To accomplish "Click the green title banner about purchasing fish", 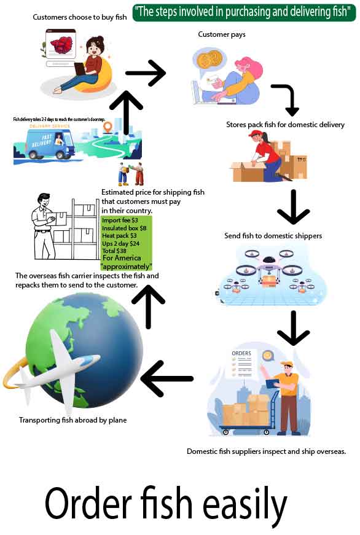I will [244, 12].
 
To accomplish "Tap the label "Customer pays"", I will [221, 34].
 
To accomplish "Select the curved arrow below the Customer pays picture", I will [286, 99].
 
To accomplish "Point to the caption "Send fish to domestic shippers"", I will [273, 236].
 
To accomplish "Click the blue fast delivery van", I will [44, 144].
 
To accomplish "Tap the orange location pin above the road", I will [108, 128].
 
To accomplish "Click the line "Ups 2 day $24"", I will [120, 243].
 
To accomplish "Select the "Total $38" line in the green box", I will [115, 251].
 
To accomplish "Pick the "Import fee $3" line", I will [120, 221].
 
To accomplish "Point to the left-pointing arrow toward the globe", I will [167, 378].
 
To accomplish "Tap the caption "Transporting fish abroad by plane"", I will [72, 420].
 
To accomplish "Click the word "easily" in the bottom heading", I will [244, 504].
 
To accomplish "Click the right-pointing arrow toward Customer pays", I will [146, 74].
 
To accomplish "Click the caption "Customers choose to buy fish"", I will [80, 17].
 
